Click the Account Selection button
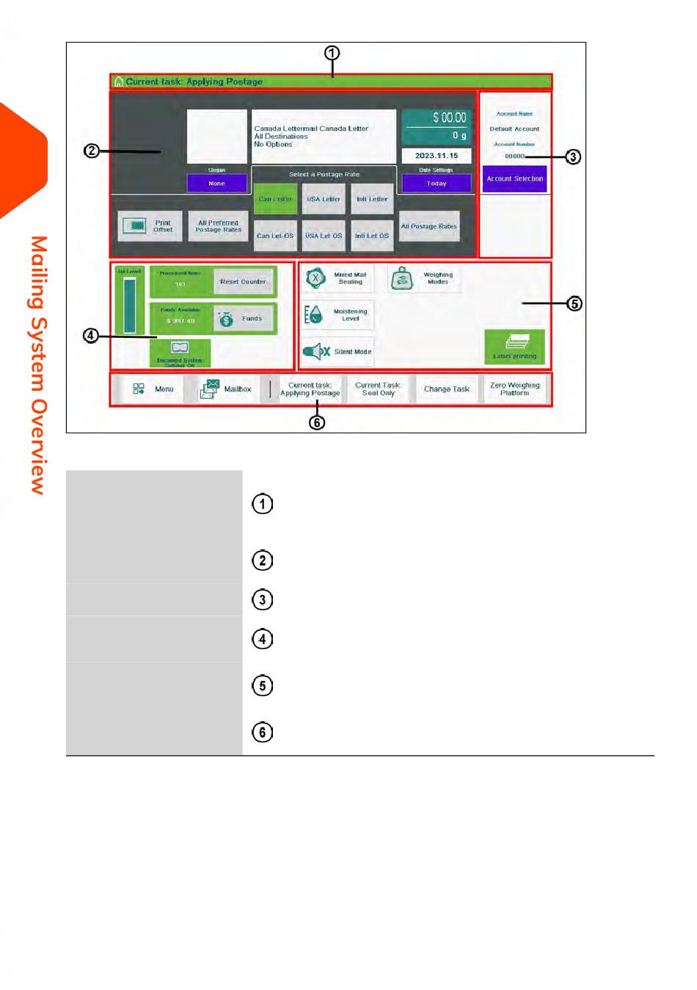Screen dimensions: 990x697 (x=514, y=178)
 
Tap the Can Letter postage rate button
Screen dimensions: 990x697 (x=275, y=199)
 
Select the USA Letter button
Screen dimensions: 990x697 (x=324, y=199)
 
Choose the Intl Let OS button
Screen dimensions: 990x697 (x=372, y=236)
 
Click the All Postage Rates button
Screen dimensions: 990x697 (x=429, y=226)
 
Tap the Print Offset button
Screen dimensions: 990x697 (x=150, y=226)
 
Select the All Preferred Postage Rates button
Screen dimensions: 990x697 (x=218, y=226)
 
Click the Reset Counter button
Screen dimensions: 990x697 (x=244, y=281)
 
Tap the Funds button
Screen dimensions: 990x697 (x=244, y=319)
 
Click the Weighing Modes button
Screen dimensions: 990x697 (x=424, y=278)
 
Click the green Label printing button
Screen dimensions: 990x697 (x=514, y=347)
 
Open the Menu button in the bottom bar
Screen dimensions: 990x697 (x=153, y=389)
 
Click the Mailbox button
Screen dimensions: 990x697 (x=227, y=389)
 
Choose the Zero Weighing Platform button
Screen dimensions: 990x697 (x=514, y=389)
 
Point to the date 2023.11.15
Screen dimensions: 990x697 (x=437, y=156)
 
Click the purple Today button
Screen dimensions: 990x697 (x=437, y=184)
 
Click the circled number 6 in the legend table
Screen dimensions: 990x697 (x=263, y=732)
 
